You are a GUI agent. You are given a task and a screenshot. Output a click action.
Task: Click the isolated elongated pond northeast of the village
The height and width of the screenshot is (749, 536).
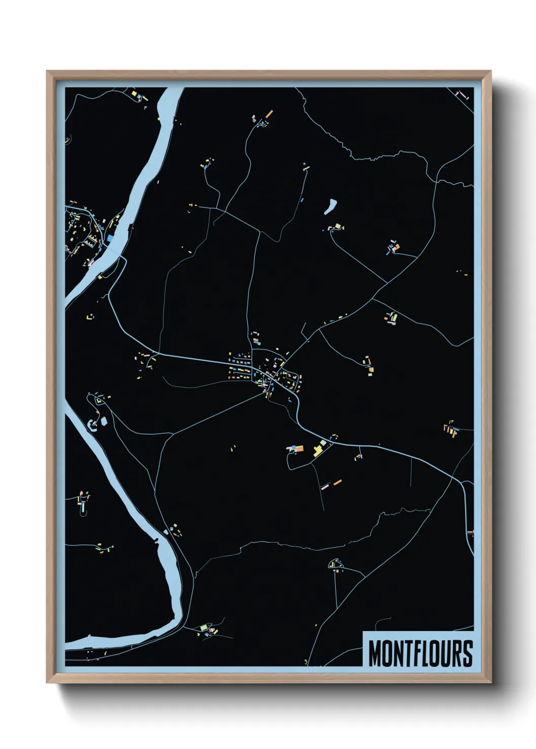(331, 205)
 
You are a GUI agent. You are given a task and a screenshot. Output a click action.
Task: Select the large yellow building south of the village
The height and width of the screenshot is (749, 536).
(319, 450)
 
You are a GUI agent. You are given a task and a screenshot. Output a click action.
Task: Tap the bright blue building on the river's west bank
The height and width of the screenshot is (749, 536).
(110, 237)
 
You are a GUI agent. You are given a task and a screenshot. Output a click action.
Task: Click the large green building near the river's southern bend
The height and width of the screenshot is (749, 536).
(204, 627)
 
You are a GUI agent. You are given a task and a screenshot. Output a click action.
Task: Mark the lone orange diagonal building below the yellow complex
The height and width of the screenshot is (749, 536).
(337, 482)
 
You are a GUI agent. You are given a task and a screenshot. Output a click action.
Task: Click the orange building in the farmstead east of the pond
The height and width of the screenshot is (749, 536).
(397, 247)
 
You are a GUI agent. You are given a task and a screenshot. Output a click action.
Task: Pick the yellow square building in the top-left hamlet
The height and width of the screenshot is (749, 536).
(135, 94)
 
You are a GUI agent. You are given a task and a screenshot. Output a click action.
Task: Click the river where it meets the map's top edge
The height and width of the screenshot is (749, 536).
(172, 89)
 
